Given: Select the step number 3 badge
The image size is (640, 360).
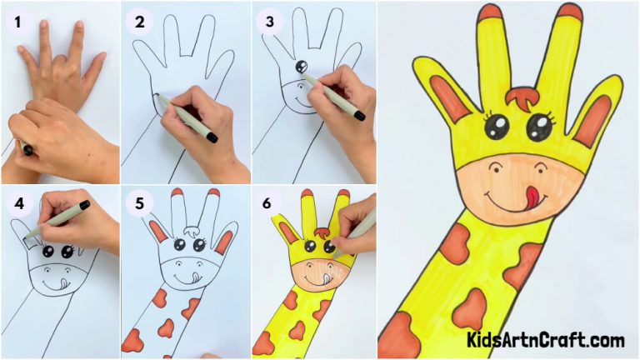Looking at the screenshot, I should (x=268, y=23).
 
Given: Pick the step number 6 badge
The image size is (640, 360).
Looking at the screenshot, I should (x=268, y=203).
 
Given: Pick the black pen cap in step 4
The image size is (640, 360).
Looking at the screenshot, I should (x=84, y=204).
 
